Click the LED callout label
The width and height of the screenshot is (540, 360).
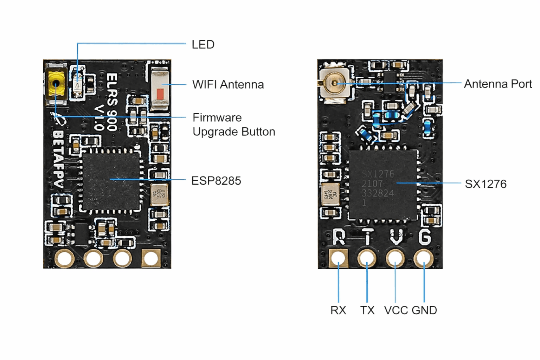203,45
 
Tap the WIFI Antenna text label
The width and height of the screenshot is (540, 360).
228,85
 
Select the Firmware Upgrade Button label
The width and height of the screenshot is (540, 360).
233,124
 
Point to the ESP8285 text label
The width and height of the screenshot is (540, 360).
216,181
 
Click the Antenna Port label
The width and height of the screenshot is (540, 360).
497,84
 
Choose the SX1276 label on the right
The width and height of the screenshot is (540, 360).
486,184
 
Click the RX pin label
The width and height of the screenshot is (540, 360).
338,310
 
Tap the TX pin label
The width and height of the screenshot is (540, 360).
367,310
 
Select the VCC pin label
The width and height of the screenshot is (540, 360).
396,310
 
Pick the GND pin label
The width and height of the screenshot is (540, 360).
424,310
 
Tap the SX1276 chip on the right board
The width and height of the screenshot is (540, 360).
383,185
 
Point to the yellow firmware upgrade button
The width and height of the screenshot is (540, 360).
56,84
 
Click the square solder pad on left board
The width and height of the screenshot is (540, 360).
151,258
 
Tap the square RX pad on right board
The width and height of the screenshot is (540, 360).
339,258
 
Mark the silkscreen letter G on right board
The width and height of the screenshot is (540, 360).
424,237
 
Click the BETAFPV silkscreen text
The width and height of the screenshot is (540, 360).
58,158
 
